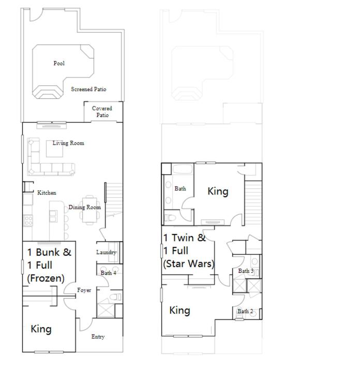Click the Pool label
click(59, 63)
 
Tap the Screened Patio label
click(88, 89)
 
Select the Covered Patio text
click(102, 112)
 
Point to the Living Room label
click(68, 143)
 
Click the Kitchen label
click(47, 193)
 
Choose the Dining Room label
click(85, 207)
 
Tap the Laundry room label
click(106, 252)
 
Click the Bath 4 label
click(108, 273)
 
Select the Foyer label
click(84, 290)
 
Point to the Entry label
click(98, 336)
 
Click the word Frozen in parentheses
click(46, 278)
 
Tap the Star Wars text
click(189, 263)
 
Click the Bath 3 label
click(246, 271)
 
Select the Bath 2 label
click(245, 311)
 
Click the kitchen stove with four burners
click(28, 221)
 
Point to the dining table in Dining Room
click(89, 210)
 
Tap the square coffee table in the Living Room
click(54, 149)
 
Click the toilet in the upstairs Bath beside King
click(170, 218)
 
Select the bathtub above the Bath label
click(183, 169)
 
